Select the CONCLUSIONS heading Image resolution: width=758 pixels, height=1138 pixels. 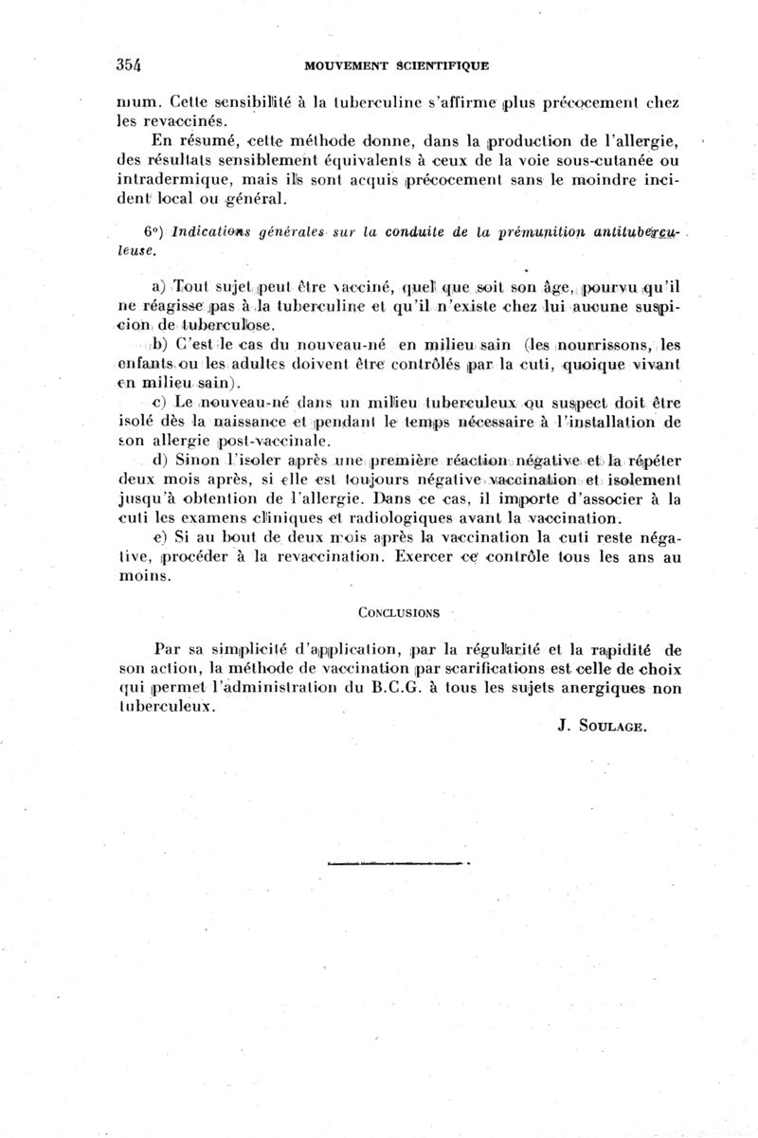click(x=398, y=612)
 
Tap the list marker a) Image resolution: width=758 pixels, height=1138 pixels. click(x=159, y=288)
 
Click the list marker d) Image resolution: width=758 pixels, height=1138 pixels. click(x=159, y=461)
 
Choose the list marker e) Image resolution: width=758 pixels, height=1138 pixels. click(x=158, y=538)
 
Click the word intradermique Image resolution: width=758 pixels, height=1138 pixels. click(x=181, y=179)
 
